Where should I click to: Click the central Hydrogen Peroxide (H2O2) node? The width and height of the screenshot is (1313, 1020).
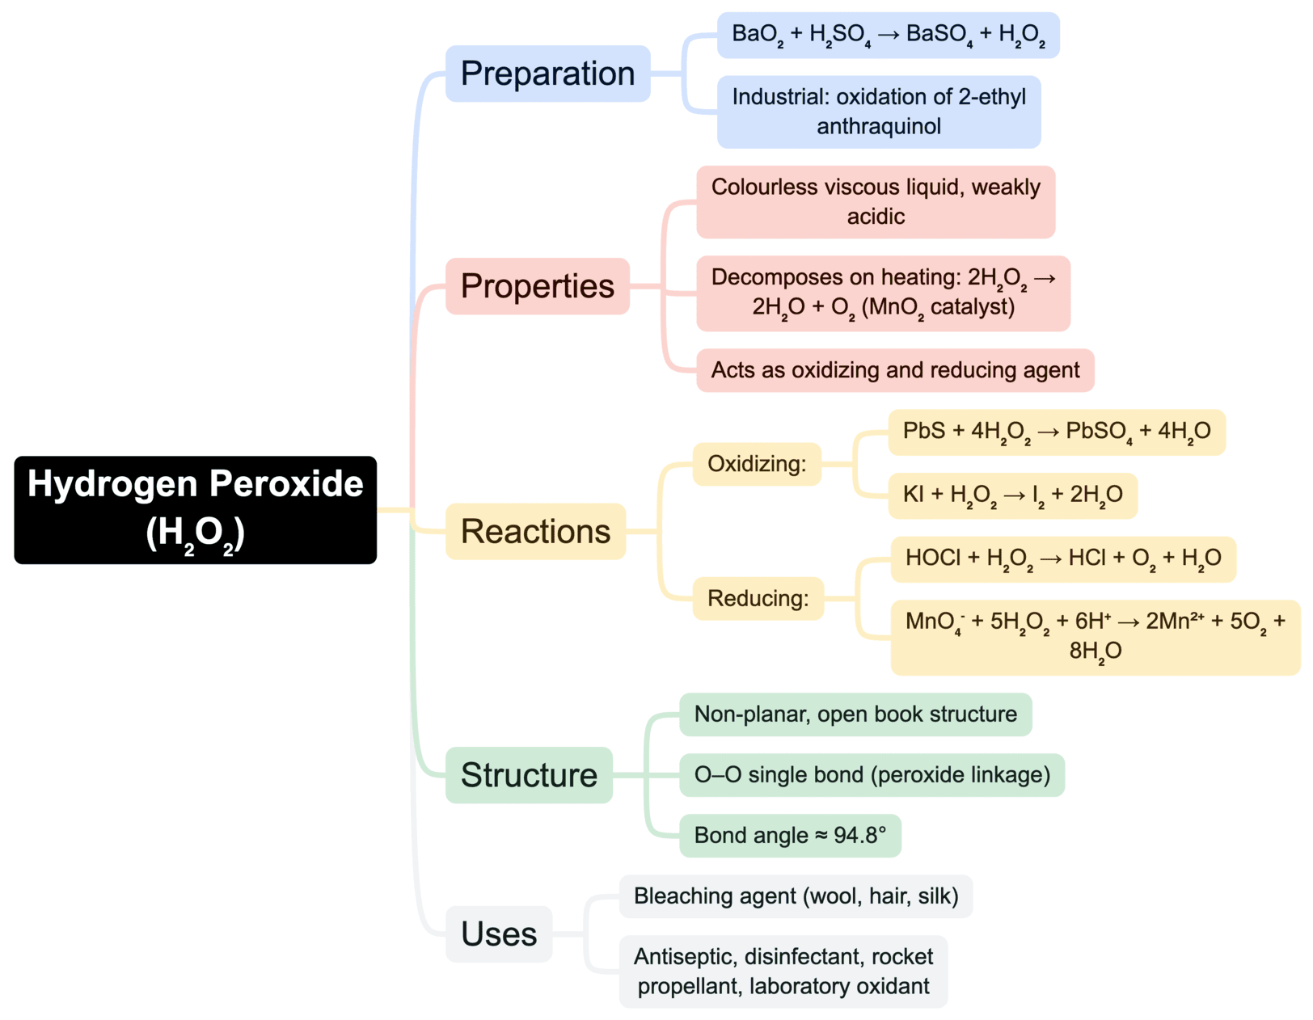[x=195, y=509]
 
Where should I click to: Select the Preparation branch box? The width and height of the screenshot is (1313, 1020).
[x=547, y=74]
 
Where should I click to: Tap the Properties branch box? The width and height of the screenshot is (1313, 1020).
[x=537, y=286]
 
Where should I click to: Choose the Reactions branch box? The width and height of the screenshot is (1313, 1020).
[x=535, y=531]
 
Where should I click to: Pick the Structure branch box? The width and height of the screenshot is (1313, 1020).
[x=529, y=774]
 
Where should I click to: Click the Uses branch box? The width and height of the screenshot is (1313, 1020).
[x=498, y=934]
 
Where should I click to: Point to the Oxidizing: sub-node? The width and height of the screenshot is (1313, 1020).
[x=757, y=464]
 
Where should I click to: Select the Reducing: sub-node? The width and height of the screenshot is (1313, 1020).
[x=758, y=598]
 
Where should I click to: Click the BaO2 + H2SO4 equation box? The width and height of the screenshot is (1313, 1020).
[x=888, y=35]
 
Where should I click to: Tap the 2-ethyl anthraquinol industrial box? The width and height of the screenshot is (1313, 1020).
[x=878, y=112]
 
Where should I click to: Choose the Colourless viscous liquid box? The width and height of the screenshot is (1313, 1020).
[x=875, y=202]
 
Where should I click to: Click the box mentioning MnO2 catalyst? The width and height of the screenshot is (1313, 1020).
[x=883, y=293]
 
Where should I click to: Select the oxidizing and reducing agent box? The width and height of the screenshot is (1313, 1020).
[x=894, y=370]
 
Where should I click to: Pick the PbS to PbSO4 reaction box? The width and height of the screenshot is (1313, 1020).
[x=1056, y=432]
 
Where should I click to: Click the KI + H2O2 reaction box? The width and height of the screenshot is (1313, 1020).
[x=1012, y=495]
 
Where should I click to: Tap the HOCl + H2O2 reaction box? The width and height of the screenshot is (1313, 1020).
[x=1062, y=558]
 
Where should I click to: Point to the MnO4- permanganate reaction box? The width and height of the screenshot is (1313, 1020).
[x=1095, y=637]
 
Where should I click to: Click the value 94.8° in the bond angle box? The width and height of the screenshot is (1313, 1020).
[x=859, y=835]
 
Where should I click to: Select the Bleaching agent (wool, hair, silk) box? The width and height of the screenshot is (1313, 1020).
[x=796, y=896]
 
